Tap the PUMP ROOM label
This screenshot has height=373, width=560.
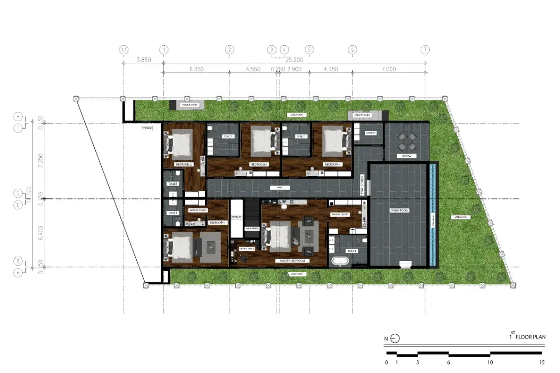click(x=399, y=211)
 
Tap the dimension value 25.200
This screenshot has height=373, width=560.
click(x=294, y=60)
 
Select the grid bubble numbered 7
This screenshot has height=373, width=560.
click(x=425, y=49)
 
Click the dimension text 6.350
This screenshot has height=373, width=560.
click(x=196, y=69)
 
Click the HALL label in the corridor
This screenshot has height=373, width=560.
click(x=280, y=187)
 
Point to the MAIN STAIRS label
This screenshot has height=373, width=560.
click(x=252, y=228)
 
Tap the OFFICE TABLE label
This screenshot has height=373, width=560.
click(x=247, y=249)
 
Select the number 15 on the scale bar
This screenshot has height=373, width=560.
click(x=541, y=362)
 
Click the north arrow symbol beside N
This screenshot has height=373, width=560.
click(x=395, y=339)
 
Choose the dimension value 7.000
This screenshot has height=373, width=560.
click(x=388, y=69)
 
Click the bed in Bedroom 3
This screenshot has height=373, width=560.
click(x=262, y=141)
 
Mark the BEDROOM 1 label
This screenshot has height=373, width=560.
click(x=217, y=223)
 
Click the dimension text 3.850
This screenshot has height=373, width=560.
click(x=143, y=60)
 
